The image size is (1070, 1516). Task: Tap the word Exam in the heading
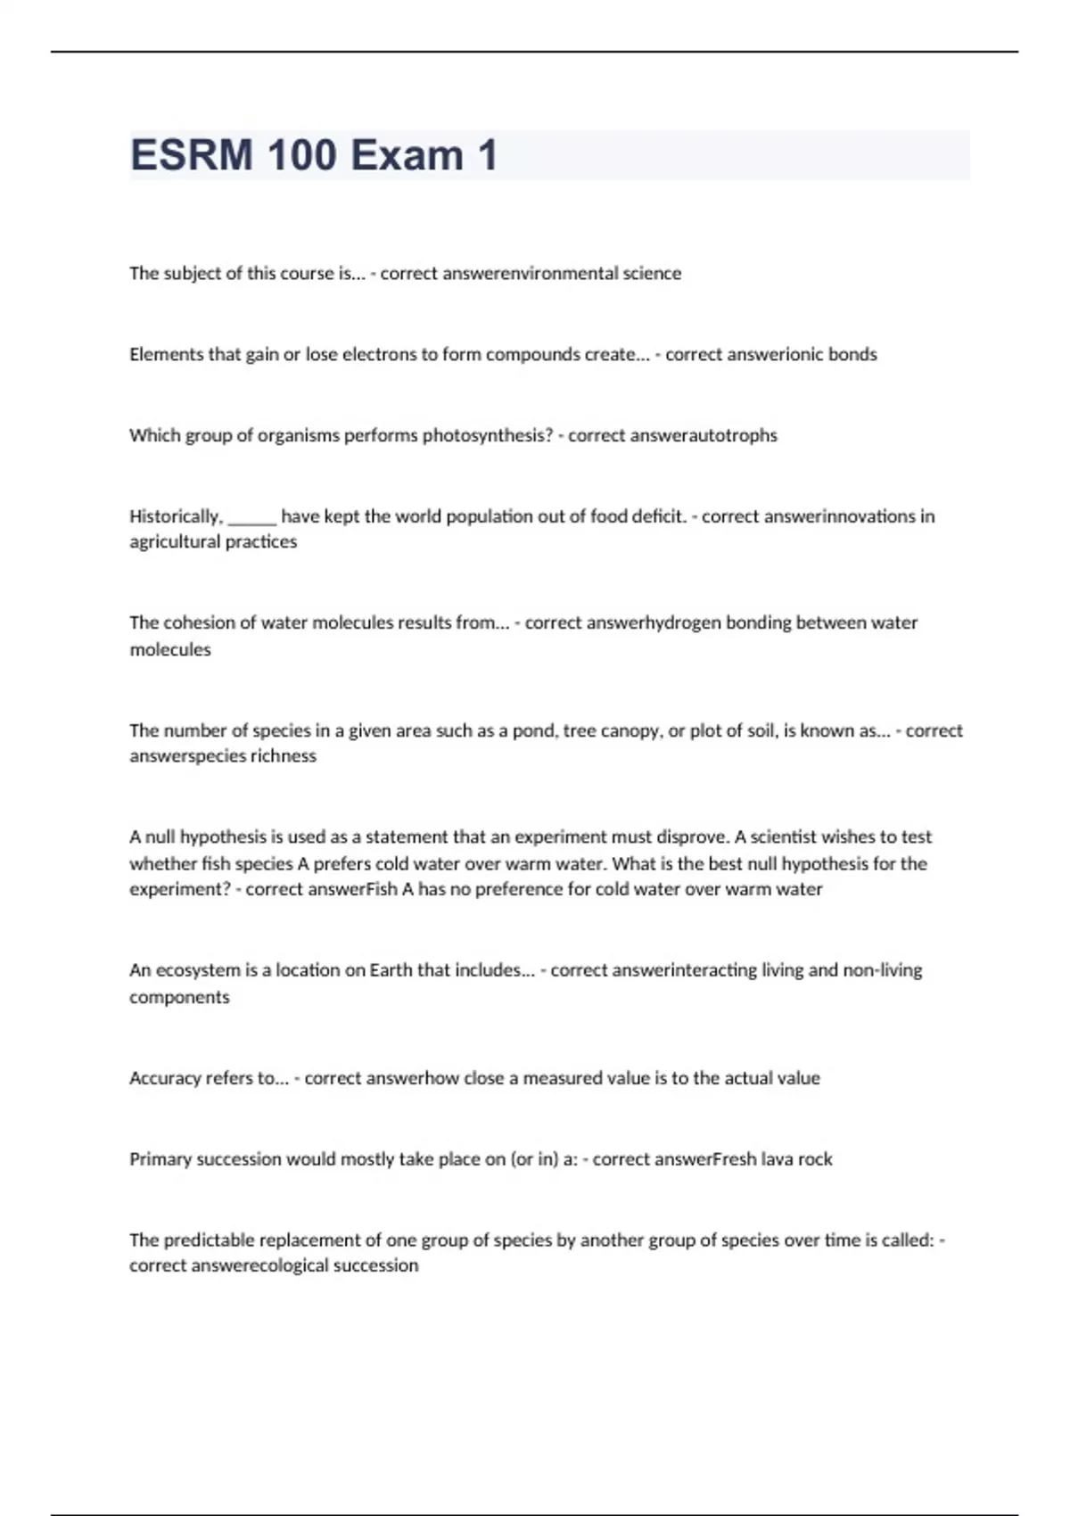point(407,155)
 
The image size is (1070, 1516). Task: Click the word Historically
point(176,516)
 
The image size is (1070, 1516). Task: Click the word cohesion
point(199,622)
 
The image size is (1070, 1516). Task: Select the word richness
point(284,756)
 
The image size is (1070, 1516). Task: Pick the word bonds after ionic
point(852,354)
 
